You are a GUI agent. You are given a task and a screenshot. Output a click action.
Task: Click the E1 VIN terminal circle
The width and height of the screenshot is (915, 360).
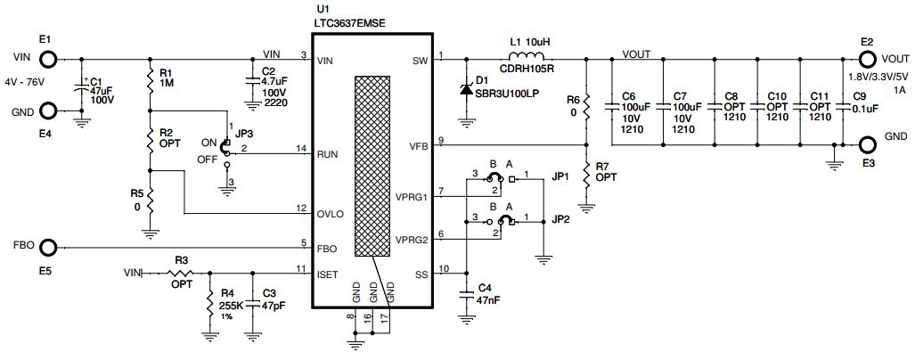pos(47,59)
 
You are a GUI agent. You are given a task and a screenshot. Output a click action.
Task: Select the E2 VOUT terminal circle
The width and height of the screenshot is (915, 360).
pos(867,60)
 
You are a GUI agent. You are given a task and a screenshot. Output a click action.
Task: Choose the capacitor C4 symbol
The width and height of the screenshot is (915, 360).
pos(466,296)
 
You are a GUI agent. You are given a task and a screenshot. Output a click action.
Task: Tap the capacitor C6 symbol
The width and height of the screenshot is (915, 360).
pos(611,106)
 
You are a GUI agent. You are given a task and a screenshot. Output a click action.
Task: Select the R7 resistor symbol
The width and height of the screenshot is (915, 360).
pos(586,176)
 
